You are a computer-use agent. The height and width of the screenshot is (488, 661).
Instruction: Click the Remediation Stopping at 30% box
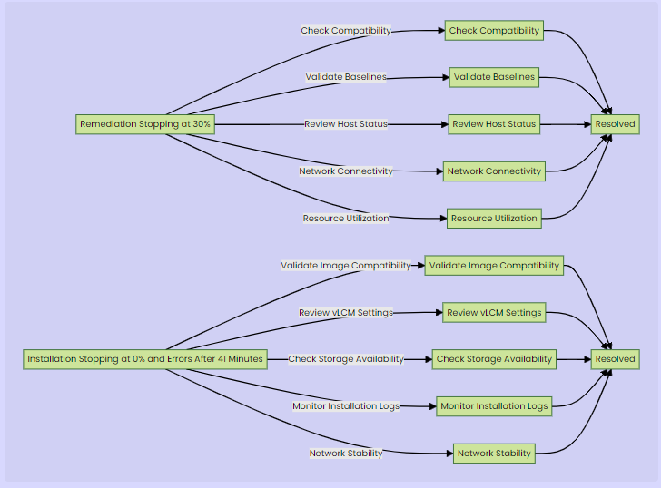[145, 124]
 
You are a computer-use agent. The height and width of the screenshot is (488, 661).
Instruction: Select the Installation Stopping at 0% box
[145, 359]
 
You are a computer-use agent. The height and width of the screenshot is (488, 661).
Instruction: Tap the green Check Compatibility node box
[494, 31]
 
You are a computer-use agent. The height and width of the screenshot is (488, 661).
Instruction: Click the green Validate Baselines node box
[494, 78]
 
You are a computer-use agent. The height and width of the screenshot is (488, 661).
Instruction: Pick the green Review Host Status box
[494, 124]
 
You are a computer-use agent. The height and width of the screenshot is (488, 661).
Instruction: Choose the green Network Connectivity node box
[494, 171]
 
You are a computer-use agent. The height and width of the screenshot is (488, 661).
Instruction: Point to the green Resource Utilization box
[494, 219]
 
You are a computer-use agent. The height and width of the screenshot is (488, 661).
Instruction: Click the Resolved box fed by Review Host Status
[615, 124]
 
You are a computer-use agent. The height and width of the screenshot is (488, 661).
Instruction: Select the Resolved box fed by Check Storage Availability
[615, 359]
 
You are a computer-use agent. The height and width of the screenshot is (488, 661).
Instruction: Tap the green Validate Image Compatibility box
[494, 266]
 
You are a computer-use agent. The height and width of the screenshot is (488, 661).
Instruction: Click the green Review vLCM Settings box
[494, 313]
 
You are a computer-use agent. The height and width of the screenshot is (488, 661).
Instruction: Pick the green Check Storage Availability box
[494, 359]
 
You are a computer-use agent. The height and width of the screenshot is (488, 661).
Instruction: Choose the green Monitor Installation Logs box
[494, 406]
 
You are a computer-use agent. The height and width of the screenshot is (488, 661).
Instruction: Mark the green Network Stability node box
[494, 454]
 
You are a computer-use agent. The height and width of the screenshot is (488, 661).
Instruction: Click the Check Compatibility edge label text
[346, 31]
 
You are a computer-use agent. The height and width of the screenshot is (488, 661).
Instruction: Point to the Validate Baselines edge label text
[346, 77]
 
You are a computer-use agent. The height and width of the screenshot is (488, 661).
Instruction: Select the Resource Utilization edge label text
[346, 219]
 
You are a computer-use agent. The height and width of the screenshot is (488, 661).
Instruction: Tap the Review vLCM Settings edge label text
[346, 313]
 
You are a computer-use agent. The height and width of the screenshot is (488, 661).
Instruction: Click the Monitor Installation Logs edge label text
[346, 406]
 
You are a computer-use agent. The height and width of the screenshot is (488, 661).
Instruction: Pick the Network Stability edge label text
[346, 454]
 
